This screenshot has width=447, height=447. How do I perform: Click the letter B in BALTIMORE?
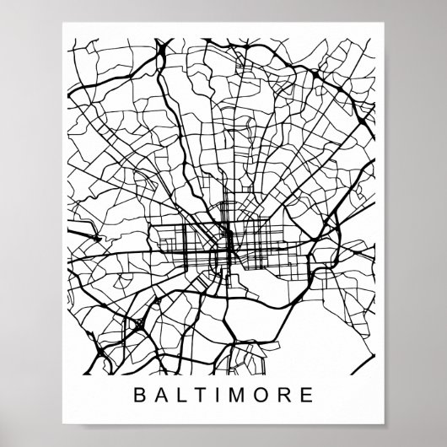click(137, 393)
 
